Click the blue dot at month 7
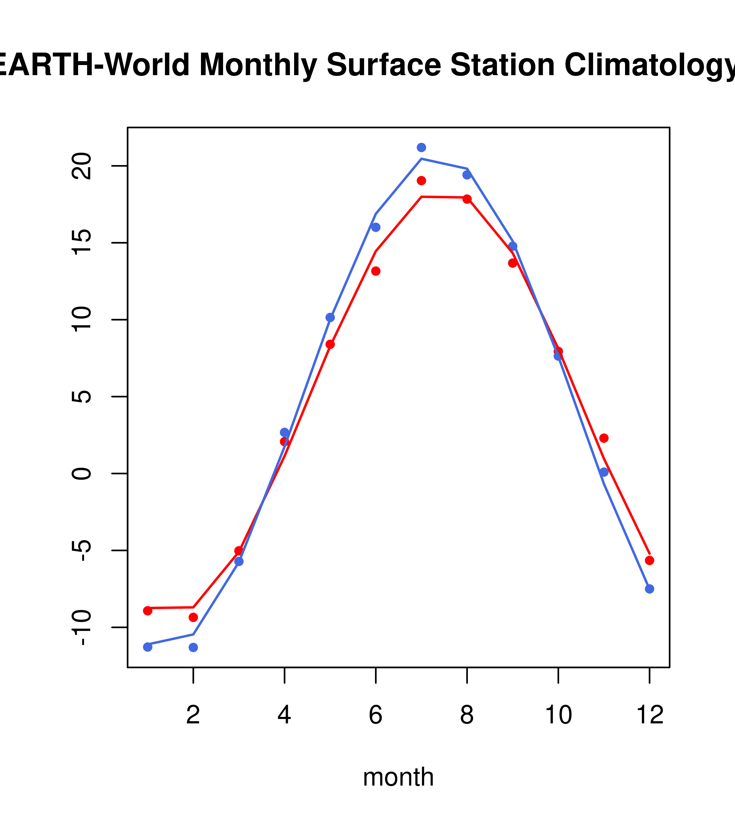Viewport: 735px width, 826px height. (421, 147)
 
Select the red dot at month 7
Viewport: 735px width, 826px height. (421, 181)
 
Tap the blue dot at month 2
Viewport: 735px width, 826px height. (193, 647)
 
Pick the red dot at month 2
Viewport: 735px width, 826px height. (193, 617)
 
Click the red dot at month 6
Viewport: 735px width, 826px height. (376, 271)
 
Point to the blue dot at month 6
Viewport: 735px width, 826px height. (376, 227)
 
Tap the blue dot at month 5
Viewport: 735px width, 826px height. (330, 318)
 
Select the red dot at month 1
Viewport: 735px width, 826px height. (148, 611)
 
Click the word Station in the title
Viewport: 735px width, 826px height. (502, 65)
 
